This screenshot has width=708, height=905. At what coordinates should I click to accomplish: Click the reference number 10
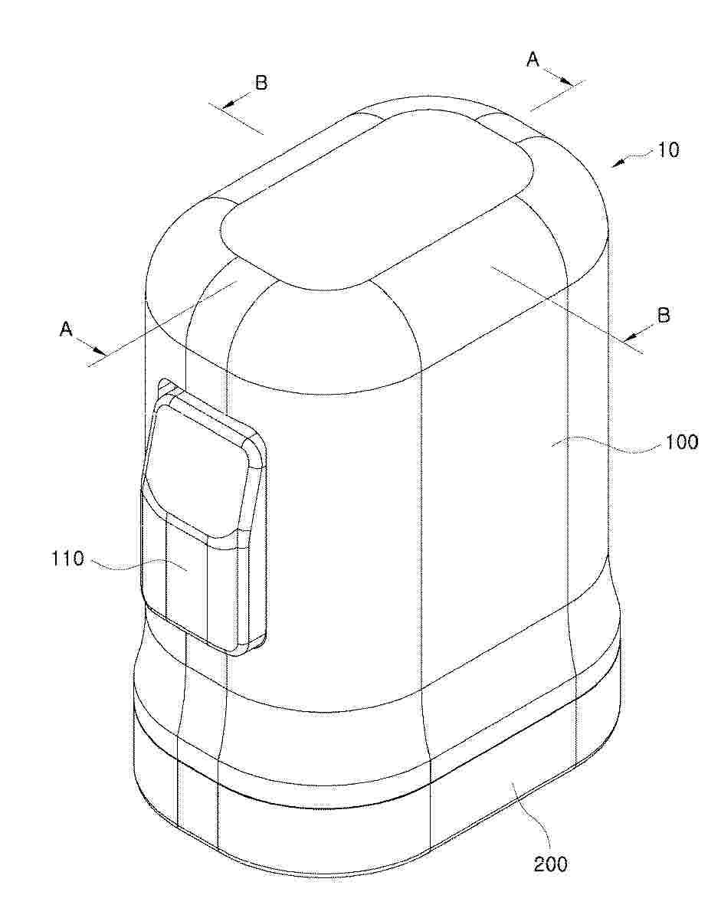668,151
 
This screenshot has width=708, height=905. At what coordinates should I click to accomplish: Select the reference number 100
681,443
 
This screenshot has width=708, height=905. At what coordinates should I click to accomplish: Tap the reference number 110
68,559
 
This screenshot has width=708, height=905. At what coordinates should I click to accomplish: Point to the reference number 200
550,864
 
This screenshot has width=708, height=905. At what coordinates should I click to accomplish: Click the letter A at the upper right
533,59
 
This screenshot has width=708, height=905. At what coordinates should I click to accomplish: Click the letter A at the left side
67,330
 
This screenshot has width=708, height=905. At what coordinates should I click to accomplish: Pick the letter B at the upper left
261,83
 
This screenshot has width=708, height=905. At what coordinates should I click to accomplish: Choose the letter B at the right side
664,315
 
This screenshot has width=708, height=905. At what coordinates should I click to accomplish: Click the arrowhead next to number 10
618,164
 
